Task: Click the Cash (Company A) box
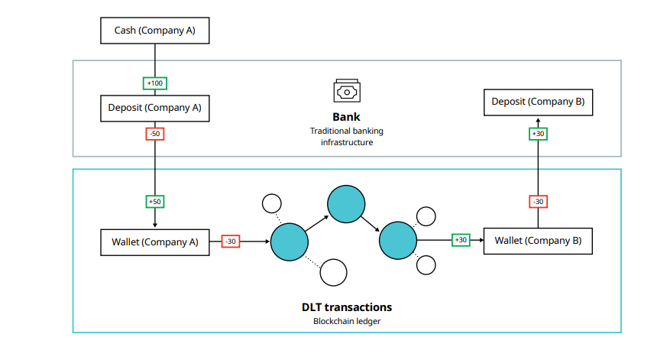pyautogui.click(x=155, y=31)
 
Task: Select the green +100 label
pyautogui.click(x=155, y=83)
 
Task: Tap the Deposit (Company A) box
pyautogui.click(x=155, y=108)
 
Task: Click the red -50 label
pyautogui.click(x=155, y=134)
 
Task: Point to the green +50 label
pyautogui.click(x=155, y=202)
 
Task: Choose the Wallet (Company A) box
pyautogui.click(x=155, y=242)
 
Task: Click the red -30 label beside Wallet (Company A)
pyautogui.click(x=231, y=242)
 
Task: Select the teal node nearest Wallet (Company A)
pyautogui.click(x=290, y=242)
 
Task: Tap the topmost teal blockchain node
pyautogui.click(x=346, y=203)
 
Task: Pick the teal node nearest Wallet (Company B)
pyautogui.click(x=398, y=241)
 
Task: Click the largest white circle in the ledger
pyautogui.click(x=334, y=272)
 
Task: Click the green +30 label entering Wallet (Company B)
pyautogui.click(x=461, y=240)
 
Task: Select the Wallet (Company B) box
pyautogui.click(x=538, y=241)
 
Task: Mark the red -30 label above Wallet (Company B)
pyautogui.click(x=538, y=202)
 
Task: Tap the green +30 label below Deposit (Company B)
pyautogui.click(x=538, y=134)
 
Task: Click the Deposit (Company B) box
pyautogui.click(x=538, y=102)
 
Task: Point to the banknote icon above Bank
pyautogui.click(x=346, y=91)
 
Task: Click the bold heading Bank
pyautogui.click(x=346, y=117)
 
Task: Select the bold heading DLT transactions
pyautogui.click(x=347, y=307)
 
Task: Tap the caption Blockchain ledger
pyautogui.click(x=347, y=321)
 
